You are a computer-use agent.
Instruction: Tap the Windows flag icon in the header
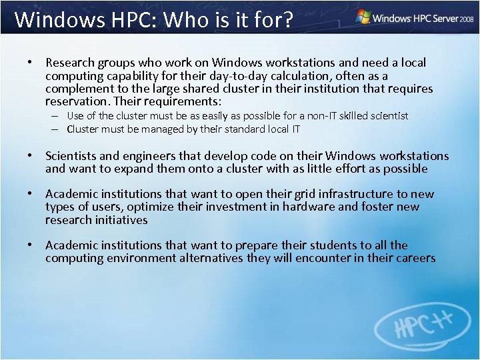coord(363,16)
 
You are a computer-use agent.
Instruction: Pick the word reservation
coord(77,102)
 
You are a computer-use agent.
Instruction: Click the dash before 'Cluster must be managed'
coord(59,129)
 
